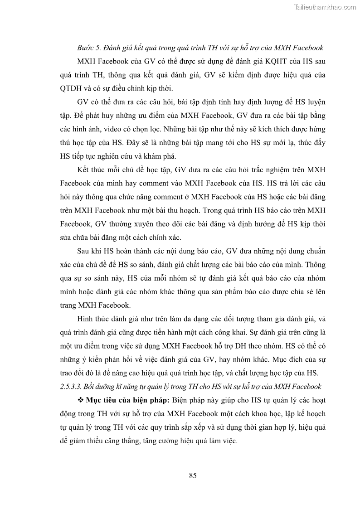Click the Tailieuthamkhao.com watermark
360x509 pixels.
tap(325, 7)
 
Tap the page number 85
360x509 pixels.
tap(192, 475)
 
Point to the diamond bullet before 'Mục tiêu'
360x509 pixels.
tap(81, 401)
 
